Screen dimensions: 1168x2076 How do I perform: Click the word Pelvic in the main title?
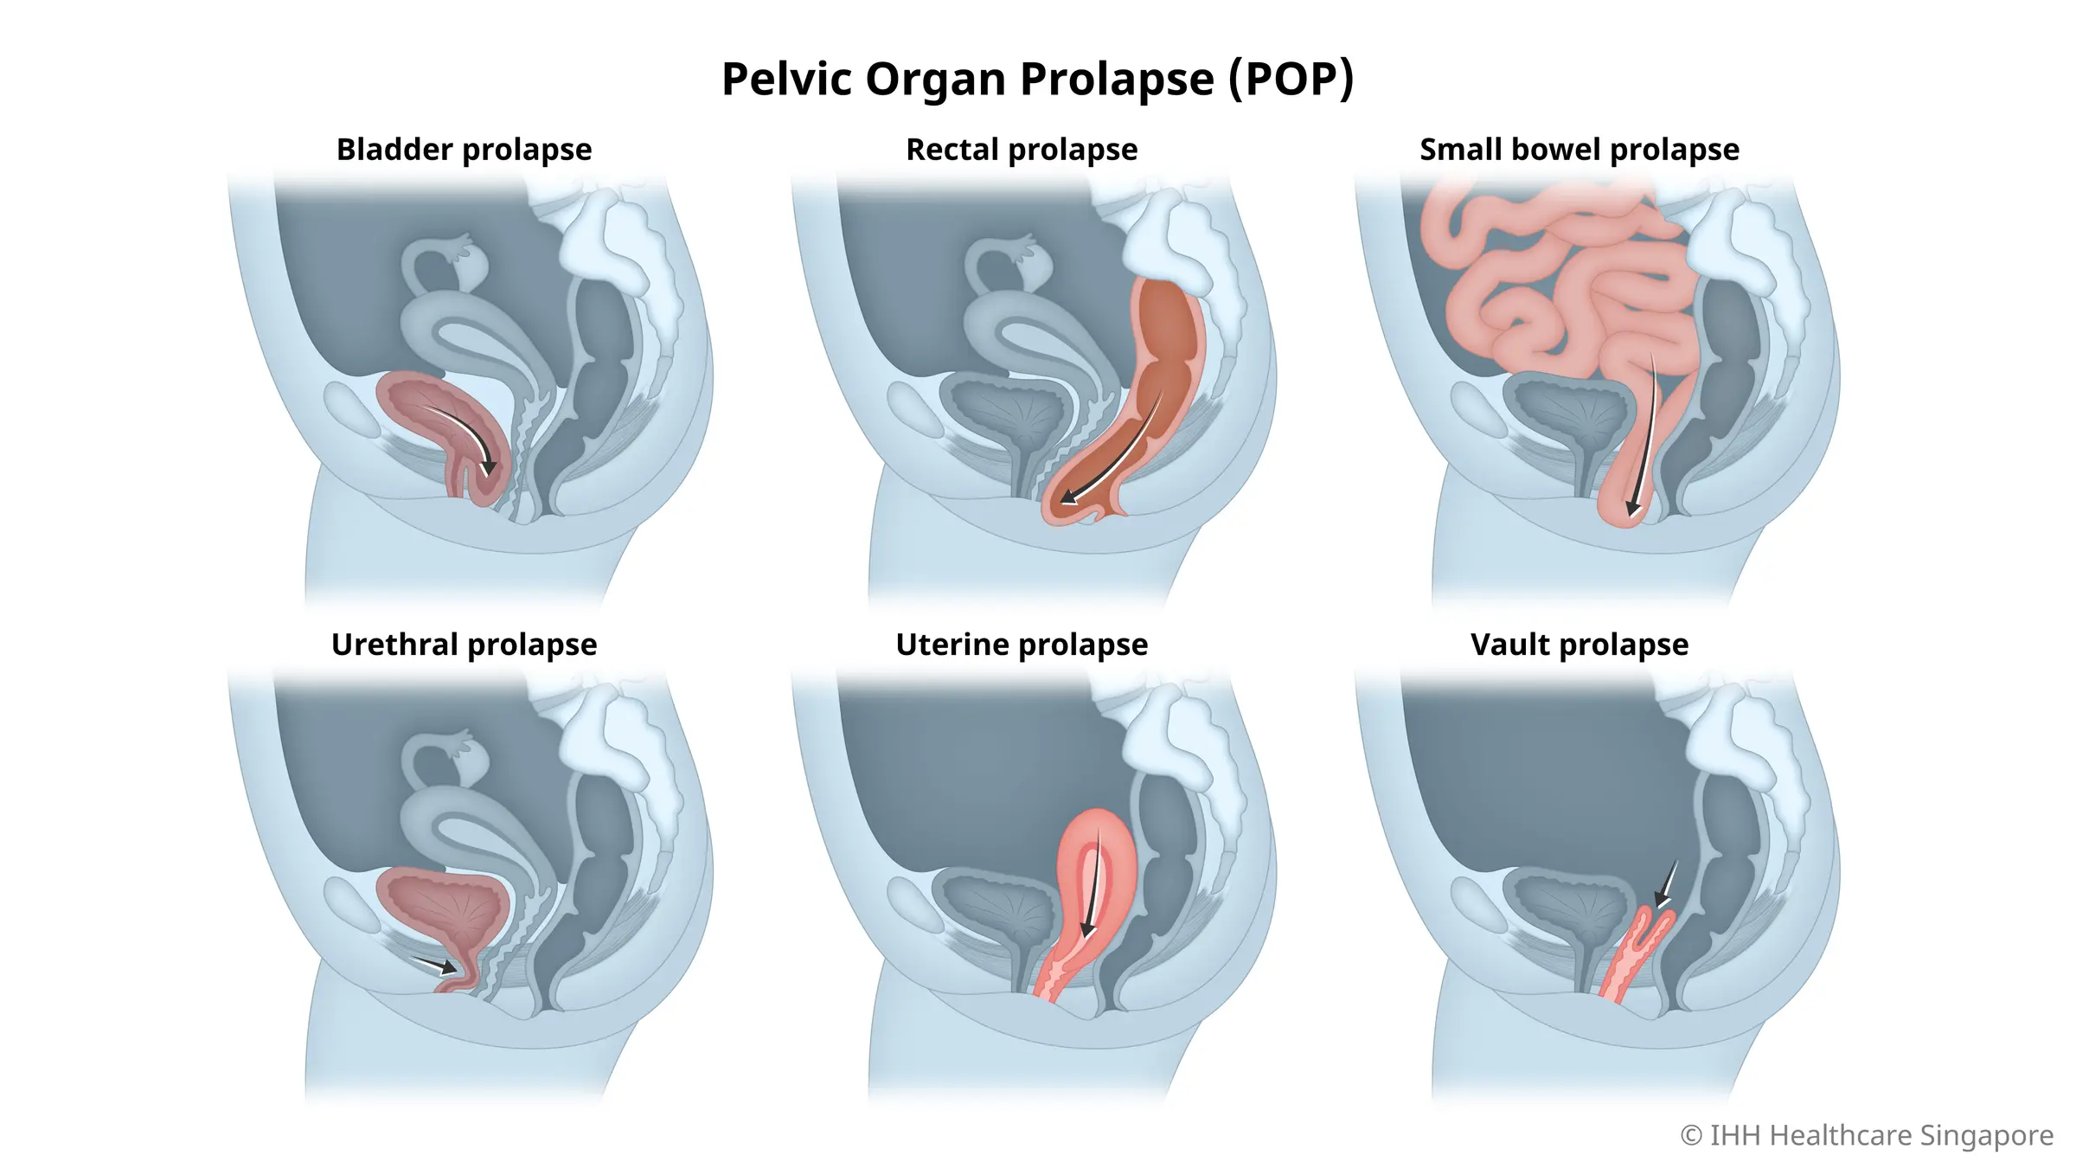(786, 80)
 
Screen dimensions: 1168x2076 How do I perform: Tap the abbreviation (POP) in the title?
(1291, 80)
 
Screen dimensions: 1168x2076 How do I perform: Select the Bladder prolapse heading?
(464, 150)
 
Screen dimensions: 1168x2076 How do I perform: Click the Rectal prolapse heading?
(1022, 150)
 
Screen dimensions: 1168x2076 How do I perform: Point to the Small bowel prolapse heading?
(1579, 150)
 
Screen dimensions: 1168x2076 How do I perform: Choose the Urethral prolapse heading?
(464, 645)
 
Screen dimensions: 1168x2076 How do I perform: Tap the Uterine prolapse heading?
(1022, 645)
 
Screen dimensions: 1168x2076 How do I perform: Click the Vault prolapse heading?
(1579, 645)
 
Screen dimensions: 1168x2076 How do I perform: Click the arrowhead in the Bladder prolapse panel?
(489, 467)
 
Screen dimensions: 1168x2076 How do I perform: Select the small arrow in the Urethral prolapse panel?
(438, 964)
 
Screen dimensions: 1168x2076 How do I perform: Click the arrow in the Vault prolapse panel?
(1664, 891)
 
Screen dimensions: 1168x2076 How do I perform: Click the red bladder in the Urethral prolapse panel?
(441, 908)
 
